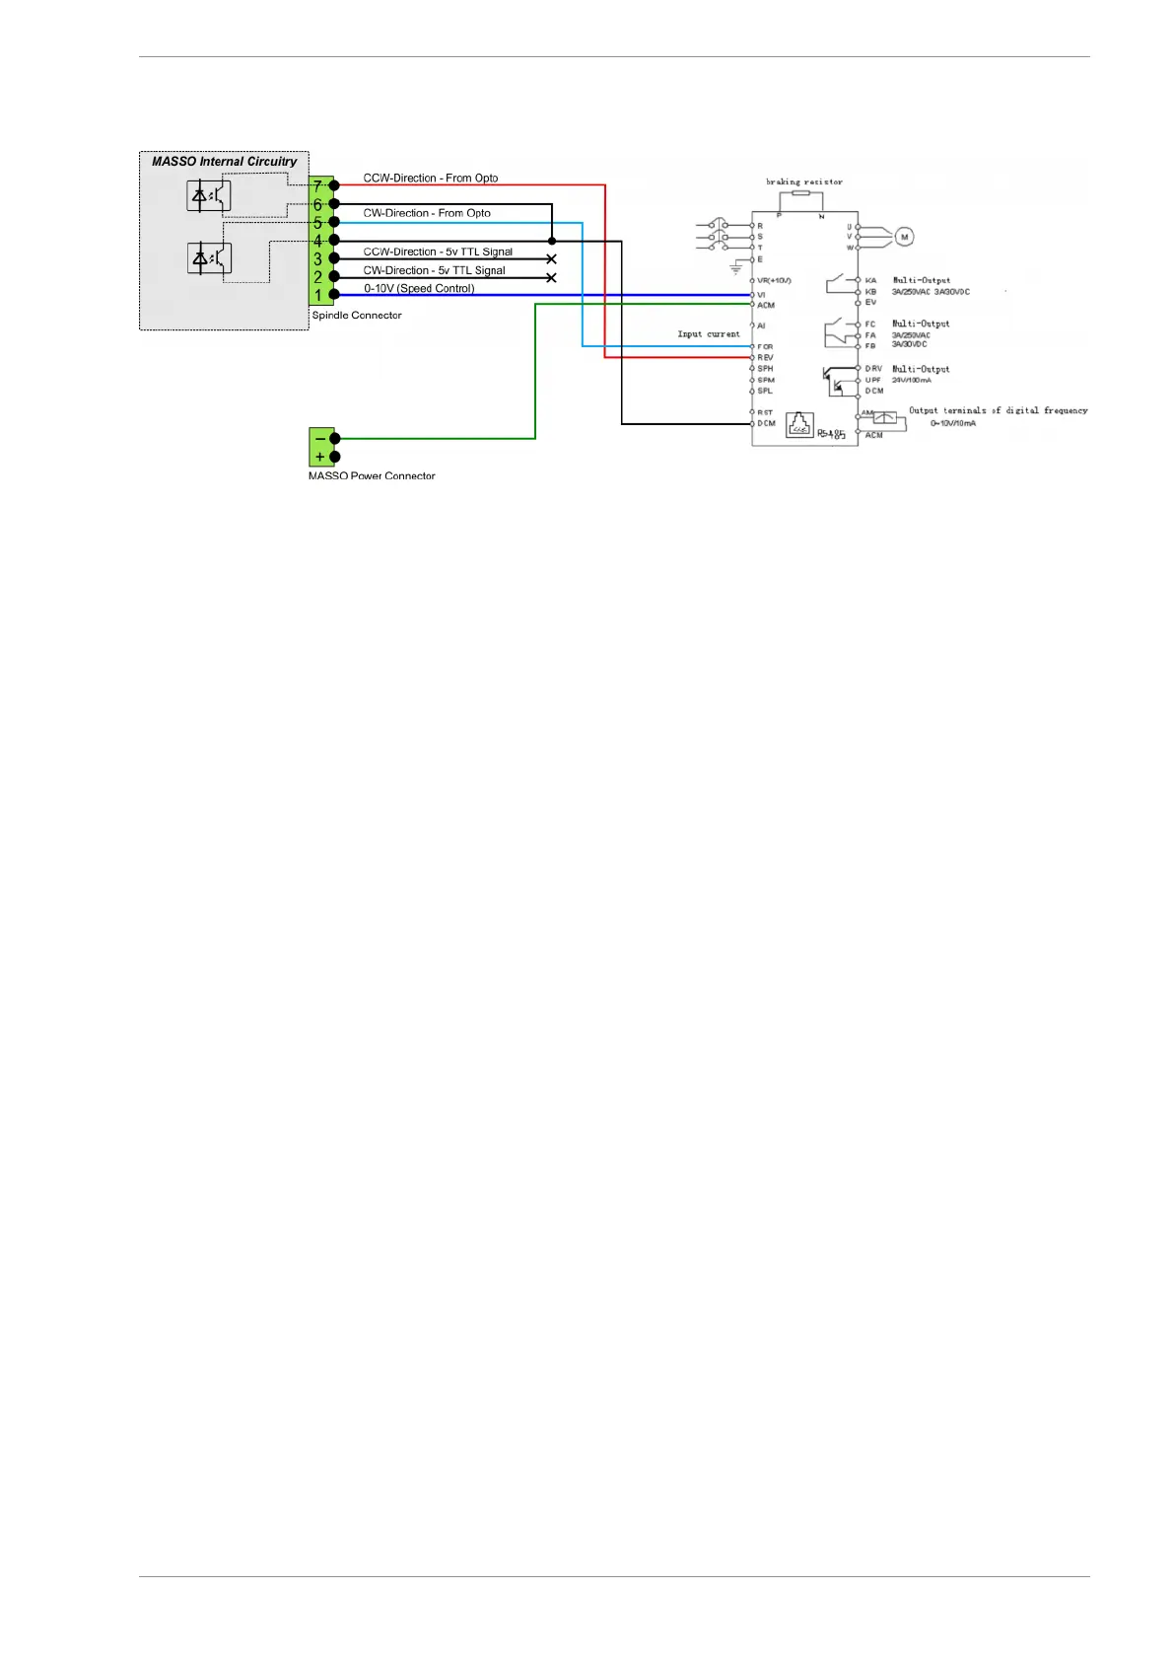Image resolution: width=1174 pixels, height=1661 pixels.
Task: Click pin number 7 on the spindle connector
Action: click(x=318, y=185)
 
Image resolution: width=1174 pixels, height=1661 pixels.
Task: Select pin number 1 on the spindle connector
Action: click(x=318, y=295)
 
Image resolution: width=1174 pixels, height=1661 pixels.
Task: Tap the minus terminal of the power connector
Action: click(x=320, y=439)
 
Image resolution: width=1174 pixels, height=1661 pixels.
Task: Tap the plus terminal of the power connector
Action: click(x=320, y=457)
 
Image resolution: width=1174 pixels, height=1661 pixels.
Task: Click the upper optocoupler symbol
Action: click(x=209, y=195)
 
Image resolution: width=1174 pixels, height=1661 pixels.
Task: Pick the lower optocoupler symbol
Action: click(x=209, y=258)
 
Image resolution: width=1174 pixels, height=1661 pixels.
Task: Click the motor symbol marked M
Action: click(x=904, y=237)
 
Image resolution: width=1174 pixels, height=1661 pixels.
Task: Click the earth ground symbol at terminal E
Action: click(x=735, y=266)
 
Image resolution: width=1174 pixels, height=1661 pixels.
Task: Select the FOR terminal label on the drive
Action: click(x=765, y=346)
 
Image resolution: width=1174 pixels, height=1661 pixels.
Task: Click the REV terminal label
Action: click(x=765, y=357)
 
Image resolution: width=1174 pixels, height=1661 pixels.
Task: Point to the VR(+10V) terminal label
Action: click(x=774, y=281)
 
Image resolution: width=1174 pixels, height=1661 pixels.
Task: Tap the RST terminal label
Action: click(x=765, y=412)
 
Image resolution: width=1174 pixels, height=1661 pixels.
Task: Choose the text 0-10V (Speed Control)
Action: click(x=419, y=289)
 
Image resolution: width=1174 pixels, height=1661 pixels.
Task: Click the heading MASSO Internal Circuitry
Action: click(x=224, y=162)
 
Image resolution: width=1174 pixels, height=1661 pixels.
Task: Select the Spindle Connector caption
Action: click(x=357, y=316)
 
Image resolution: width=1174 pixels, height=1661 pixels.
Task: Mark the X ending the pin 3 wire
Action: click(x=551, y=259)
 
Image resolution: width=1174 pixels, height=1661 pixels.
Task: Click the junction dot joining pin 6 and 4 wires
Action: click(x=551, y=241)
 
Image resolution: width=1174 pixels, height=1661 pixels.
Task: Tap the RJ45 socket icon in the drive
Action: click(x=799, y=425)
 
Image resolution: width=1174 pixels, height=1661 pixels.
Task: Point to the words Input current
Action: click(x=709, y=334)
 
